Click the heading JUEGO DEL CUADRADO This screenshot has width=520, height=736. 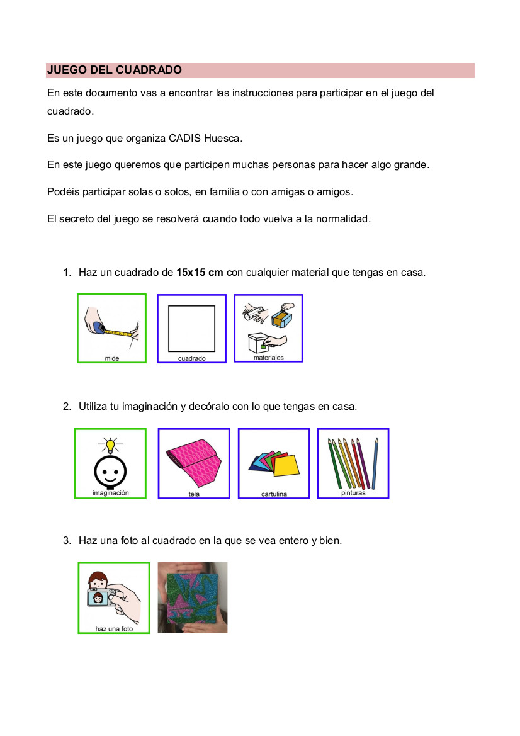[114, 70]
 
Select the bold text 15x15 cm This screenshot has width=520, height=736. [200, 273]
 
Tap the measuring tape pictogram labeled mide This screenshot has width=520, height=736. [111, 328]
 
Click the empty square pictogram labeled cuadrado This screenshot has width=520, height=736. [191, 328]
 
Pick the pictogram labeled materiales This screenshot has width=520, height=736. [268, 328]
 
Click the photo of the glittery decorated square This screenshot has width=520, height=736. [192, 597]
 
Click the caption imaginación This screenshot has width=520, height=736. [111, 493]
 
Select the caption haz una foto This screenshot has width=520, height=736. [114, 628]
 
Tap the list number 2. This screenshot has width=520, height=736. [66, 407]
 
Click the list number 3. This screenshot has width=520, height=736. [66, 540]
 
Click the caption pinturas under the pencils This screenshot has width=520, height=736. [353, 493]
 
